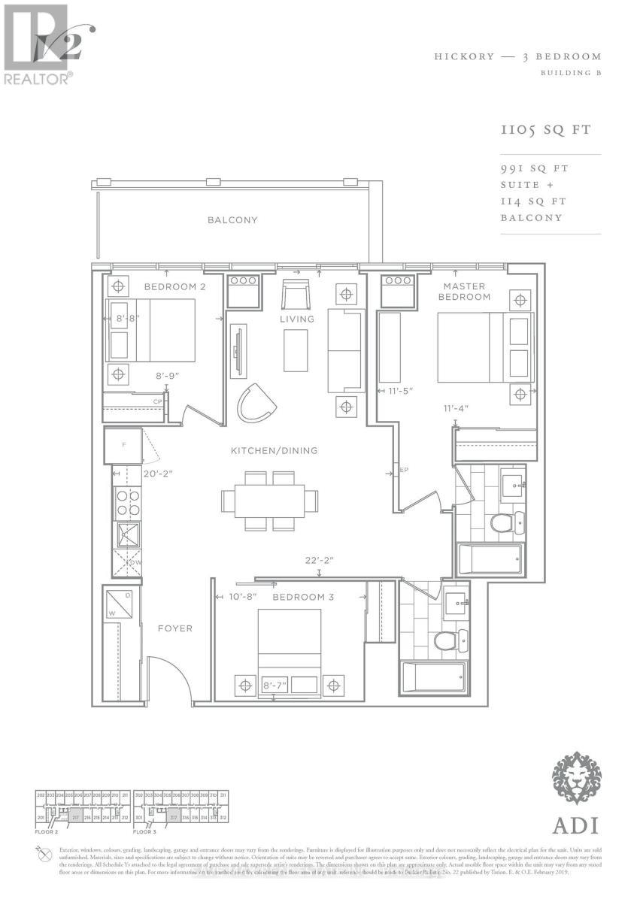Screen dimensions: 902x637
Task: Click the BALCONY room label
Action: tap(232, 220)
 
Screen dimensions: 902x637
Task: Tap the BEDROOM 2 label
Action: tap(175, 287)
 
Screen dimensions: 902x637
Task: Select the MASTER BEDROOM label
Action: tap(464, 292)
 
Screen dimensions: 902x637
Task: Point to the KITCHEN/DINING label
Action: tap(274, 451)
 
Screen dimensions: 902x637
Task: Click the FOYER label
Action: tap(174, 628)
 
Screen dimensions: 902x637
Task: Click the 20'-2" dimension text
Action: tap(138, 474)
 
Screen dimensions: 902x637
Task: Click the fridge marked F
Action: tap(123, 446)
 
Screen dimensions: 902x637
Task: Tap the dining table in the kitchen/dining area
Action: tap(269, 500)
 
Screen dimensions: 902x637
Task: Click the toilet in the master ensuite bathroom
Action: tap(502, 522)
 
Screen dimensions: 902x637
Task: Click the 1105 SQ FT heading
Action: tap(545, 130)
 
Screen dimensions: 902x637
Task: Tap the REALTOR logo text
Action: tap(38, 77)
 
